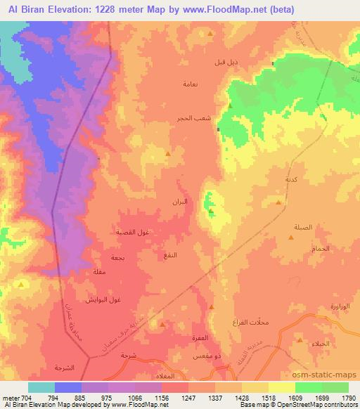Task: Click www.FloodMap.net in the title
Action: tap(216, 9)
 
